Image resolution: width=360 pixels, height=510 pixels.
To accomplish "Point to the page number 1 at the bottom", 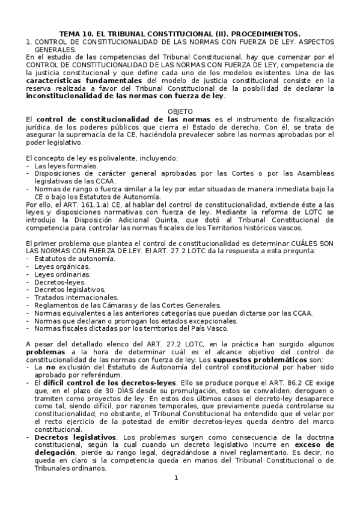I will [x=176, y=478].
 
